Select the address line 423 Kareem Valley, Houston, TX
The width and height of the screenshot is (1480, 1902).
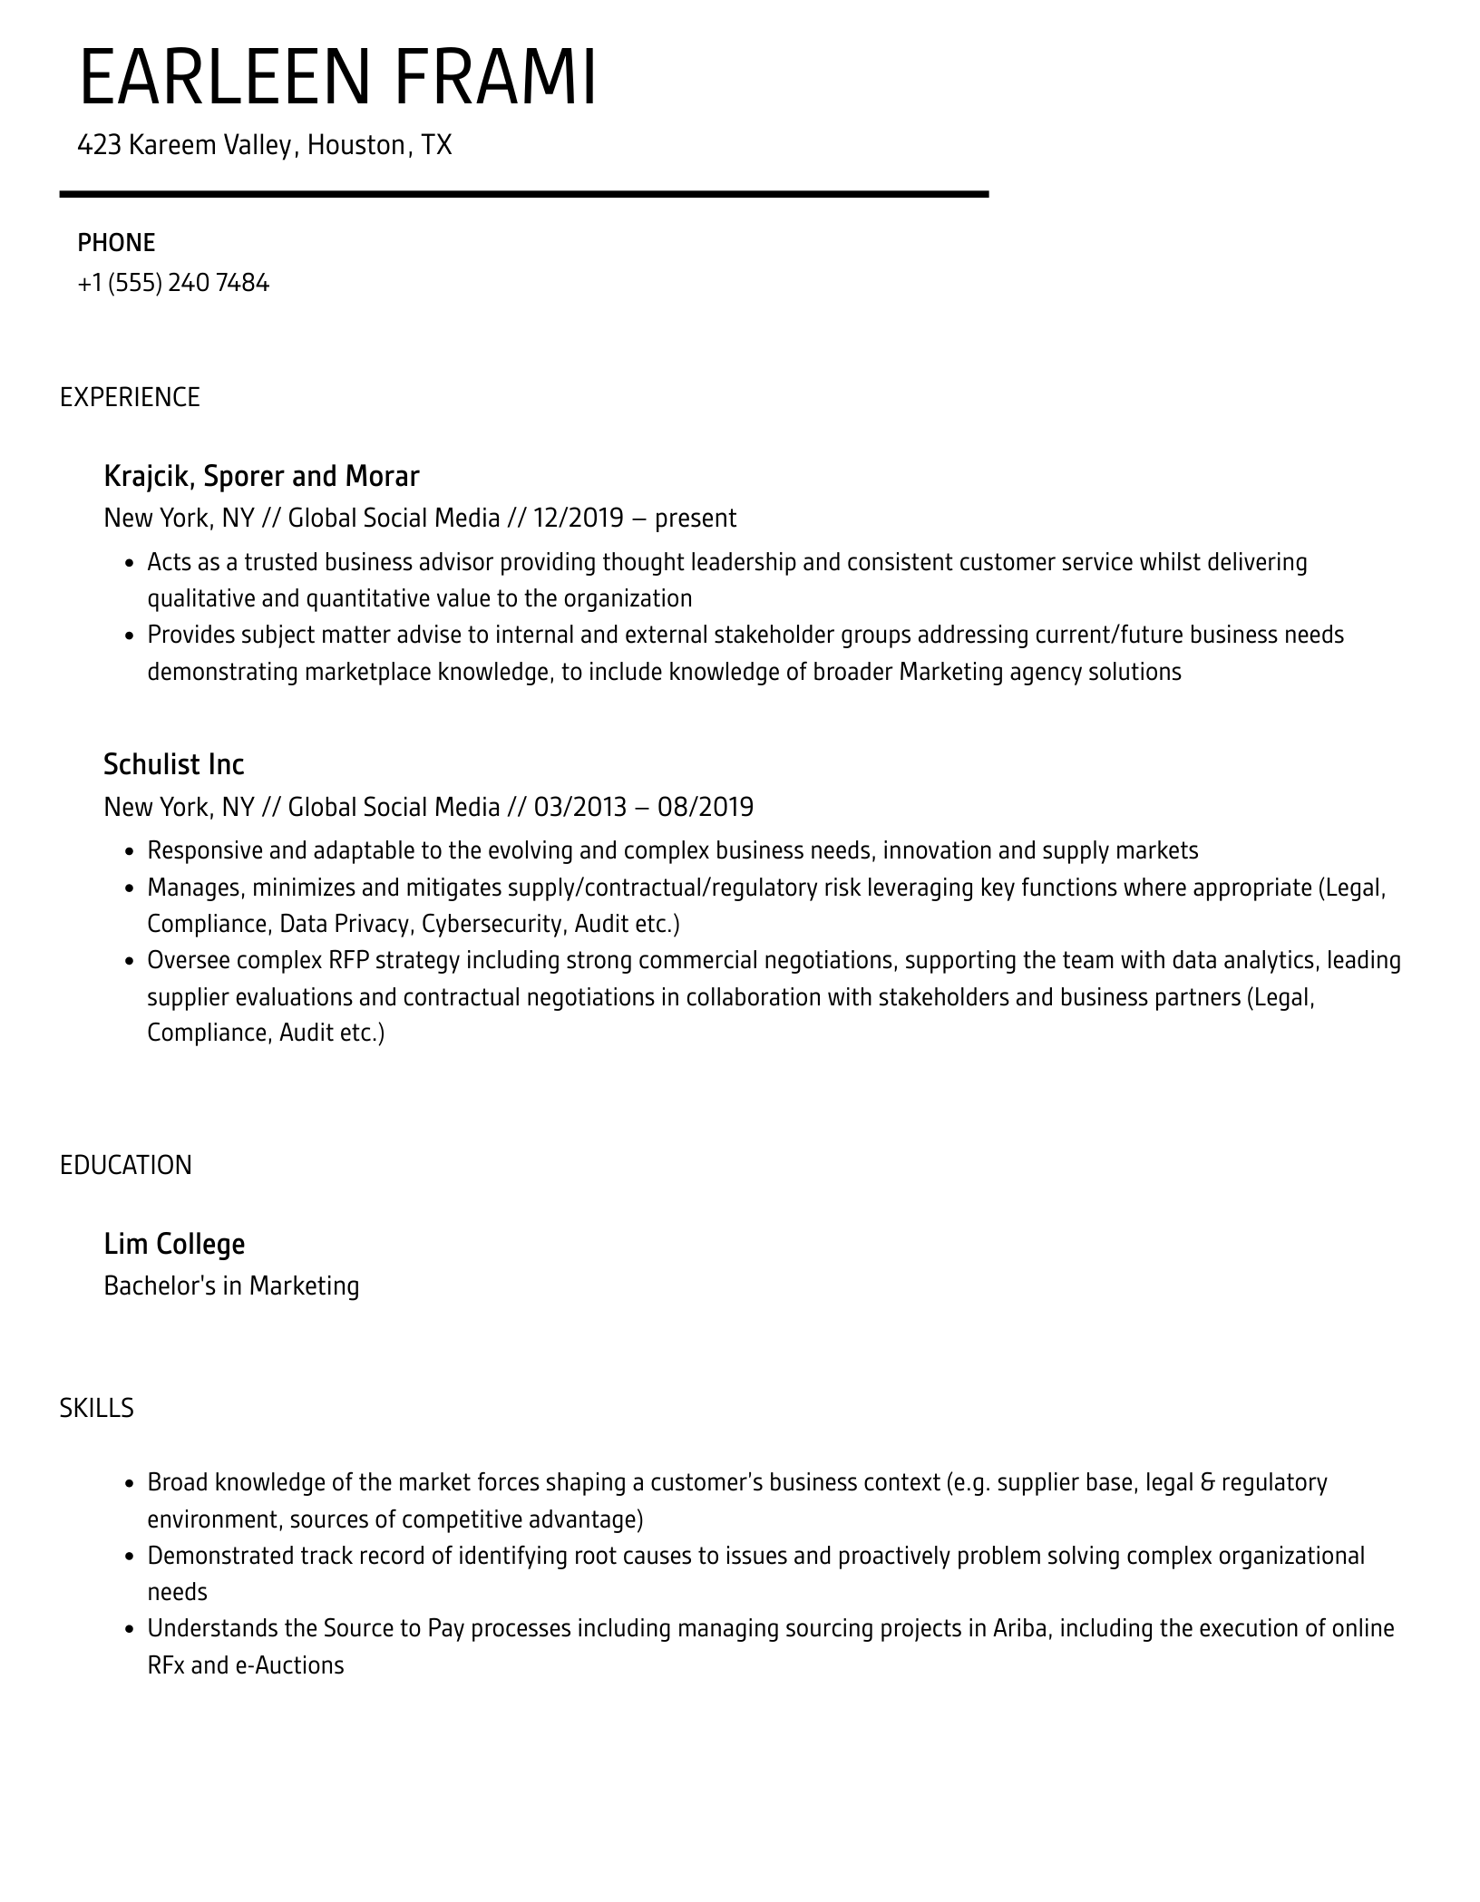(x=264, y=145)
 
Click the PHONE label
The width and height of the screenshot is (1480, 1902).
(x=116, y=243)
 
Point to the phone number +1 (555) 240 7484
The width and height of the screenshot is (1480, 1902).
(x=173, y=283)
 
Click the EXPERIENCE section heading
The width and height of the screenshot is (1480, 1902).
(x=130, y=397)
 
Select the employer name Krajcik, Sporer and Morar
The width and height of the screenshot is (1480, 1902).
(x=261, y=476)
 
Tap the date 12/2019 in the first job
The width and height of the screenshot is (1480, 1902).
(x=579, y=518)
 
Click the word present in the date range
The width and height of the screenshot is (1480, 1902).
(x=696, y=518)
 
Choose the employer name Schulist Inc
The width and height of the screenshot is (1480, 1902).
(x=174, y=764)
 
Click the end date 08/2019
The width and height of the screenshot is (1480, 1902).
(x=705, y=807)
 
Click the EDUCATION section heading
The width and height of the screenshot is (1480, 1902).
(x=126, y=1165)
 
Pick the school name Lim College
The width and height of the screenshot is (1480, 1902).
(x=174, y=1244)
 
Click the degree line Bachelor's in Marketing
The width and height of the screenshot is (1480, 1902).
(x=231, y=1286)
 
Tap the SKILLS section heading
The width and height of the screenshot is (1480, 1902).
(x=96, y=1408)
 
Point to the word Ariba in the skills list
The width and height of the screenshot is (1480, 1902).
(x=1020, y=1628)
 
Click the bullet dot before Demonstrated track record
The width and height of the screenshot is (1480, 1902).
(x=129, y=1557)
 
